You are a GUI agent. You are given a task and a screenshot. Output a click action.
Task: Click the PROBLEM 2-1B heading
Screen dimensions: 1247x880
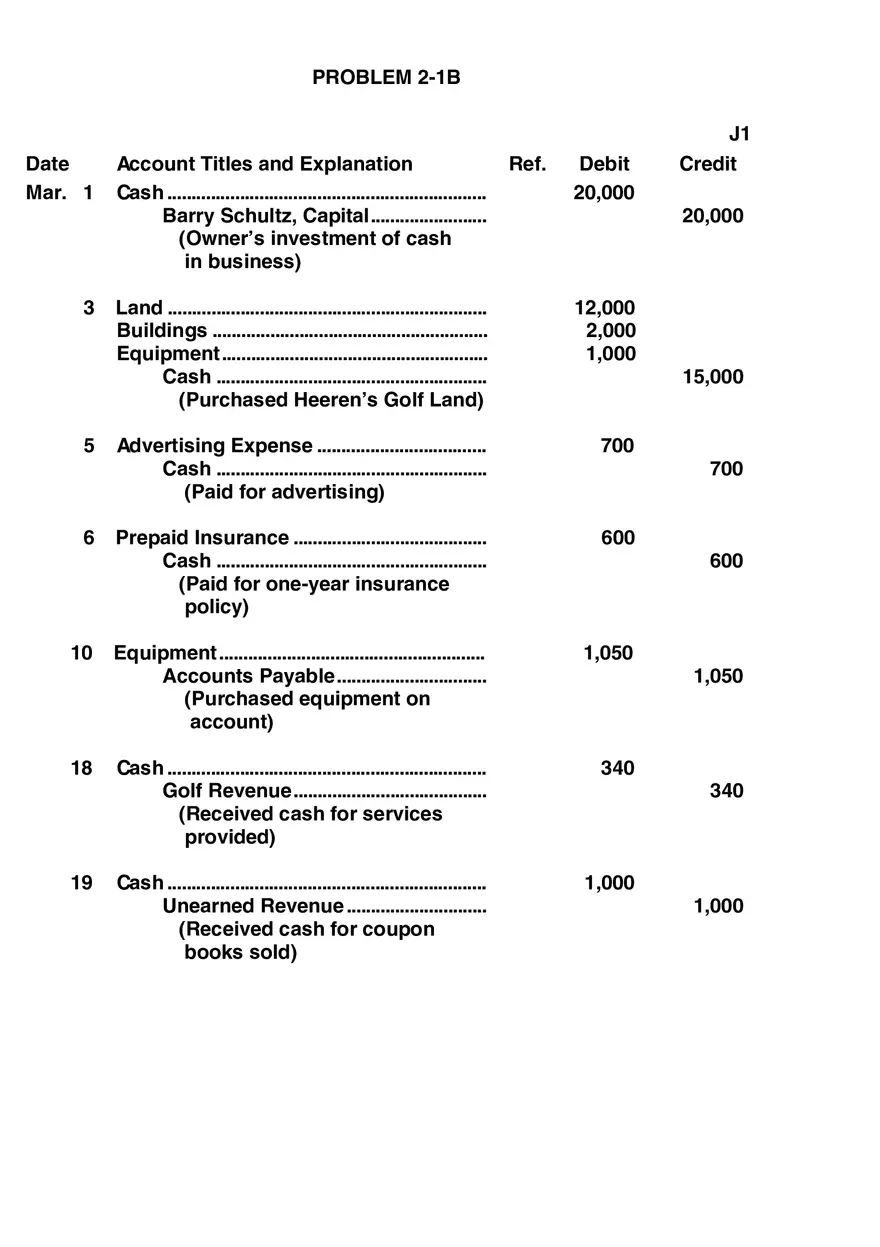coord(386,77)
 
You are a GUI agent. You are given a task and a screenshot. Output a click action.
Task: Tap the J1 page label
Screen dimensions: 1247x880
coord(739,134)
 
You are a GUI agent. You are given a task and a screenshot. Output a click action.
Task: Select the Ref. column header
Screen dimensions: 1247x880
coord(527,164)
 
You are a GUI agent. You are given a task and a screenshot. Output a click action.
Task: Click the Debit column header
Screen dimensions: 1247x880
coord(604,164)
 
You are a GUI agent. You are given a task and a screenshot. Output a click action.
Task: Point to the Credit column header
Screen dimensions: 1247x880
coord(707,164)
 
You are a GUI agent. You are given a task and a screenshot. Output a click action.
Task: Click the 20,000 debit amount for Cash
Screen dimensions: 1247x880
coord(603,193)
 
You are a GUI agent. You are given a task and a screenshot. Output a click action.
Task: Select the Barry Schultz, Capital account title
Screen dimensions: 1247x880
coord(266,216)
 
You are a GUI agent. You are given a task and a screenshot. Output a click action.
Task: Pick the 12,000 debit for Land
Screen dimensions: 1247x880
coord(604,308)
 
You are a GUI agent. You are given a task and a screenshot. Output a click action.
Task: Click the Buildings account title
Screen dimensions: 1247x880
coord(162,331)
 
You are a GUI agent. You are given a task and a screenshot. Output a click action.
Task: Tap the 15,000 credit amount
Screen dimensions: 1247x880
coord(712,377)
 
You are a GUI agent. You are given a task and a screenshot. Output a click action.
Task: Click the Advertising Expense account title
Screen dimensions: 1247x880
coord(214,446)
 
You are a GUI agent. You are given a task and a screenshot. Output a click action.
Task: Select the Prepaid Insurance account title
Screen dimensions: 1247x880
coord(202,538)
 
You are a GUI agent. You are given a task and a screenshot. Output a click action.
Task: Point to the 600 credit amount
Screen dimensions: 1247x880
coord(726,561)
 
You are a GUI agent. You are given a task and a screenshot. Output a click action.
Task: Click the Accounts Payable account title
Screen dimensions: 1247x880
coord(248,676)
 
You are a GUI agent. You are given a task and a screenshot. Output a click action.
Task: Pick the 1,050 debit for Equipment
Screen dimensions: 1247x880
coord(608,653)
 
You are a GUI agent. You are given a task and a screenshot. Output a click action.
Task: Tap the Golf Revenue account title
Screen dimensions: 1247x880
coord(227,791)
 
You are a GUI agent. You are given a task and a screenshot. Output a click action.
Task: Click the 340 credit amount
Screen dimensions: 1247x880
coord(726,791)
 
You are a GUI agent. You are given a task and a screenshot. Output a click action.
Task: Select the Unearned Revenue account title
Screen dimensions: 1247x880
coord(253,906)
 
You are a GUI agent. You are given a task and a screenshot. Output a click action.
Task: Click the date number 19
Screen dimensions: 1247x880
coord(81,883)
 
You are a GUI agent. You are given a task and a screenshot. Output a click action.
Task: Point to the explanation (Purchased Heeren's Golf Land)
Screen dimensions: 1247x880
coord(330,400)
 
